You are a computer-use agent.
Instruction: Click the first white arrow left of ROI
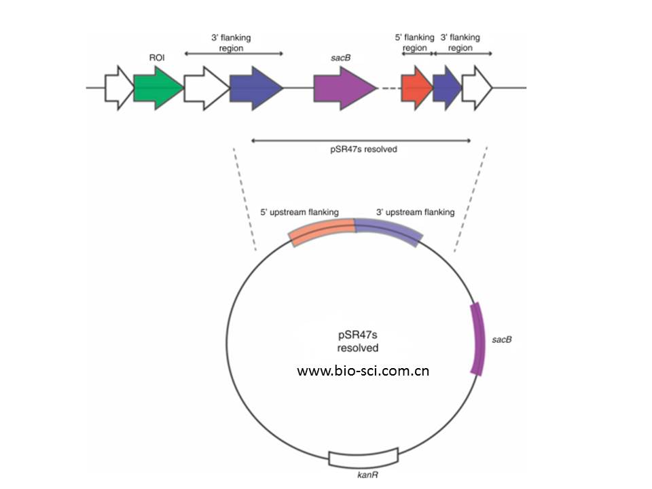[x=119, y=88]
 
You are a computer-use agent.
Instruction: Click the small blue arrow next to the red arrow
[x=446, y=89]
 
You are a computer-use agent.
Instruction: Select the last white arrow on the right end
[x=476, y=89]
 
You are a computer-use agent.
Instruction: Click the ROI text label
[x=157, y=58]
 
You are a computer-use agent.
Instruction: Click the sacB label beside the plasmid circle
[x=501, y=338]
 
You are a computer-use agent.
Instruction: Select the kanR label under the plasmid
[x=367, y=475]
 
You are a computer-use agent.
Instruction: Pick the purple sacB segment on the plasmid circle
[x=479, y=338]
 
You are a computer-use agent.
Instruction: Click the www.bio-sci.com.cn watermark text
[x=363, y=372]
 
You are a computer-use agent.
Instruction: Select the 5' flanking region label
[x=414, y=43]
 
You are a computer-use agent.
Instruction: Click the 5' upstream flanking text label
[x=300, y=212]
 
